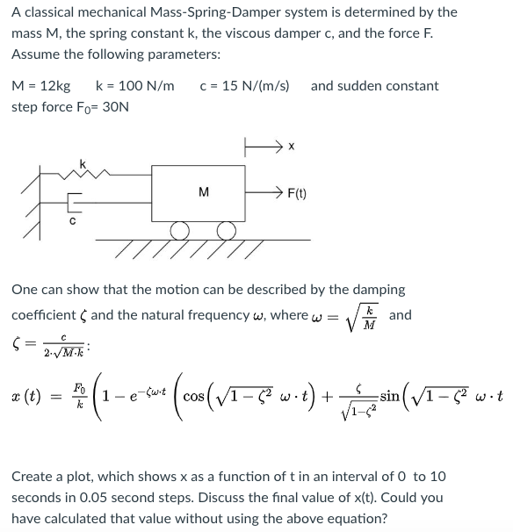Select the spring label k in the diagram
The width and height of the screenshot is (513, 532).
83,164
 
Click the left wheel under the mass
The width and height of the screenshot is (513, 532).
181,231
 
